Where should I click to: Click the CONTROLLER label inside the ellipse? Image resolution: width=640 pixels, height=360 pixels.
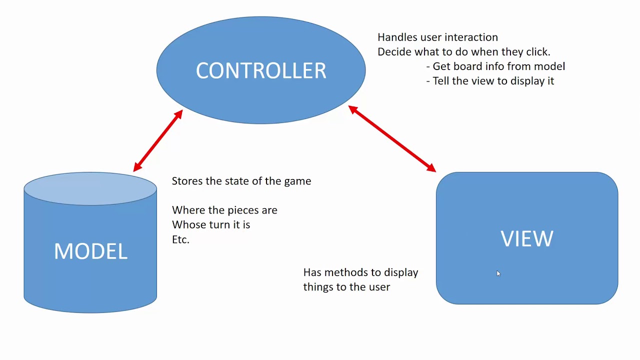pyautogui.click(x=261, y=71)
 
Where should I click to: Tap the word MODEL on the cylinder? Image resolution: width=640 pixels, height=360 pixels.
pyautogui.click(x=90, y=251)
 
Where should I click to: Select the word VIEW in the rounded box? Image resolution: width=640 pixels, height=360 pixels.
pyautogui.click(x=527, y=239)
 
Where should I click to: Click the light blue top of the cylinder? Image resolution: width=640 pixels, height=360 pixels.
pyautogui.click(x=90, y=189)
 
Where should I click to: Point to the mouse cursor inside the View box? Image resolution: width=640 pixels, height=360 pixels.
pyautogui.click(x=498, y=273)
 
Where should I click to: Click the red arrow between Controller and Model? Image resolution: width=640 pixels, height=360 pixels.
pyautogui.click(x=158, y=141)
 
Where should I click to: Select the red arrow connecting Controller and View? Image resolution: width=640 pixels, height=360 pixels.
pyautogui.click(x=392, y=138)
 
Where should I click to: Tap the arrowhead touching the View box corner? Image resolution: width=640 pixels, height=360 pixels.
pyautogui.click(x=431, y=167)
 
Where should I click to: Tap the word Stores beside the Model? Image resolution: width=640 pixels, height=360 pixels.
pyautogui.click(x=187, y=181)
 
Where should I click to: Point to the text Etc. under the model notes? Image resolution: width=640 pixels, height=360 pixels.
pyautogui.click(x=180, y=239)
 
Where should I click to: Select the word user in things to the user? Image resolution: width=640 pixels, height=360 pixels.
pyautogui.click(x=379, y=287)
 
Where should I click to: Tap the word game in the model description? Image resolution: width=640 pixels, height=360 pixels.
pyautogui.click(x=297, y=181)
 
